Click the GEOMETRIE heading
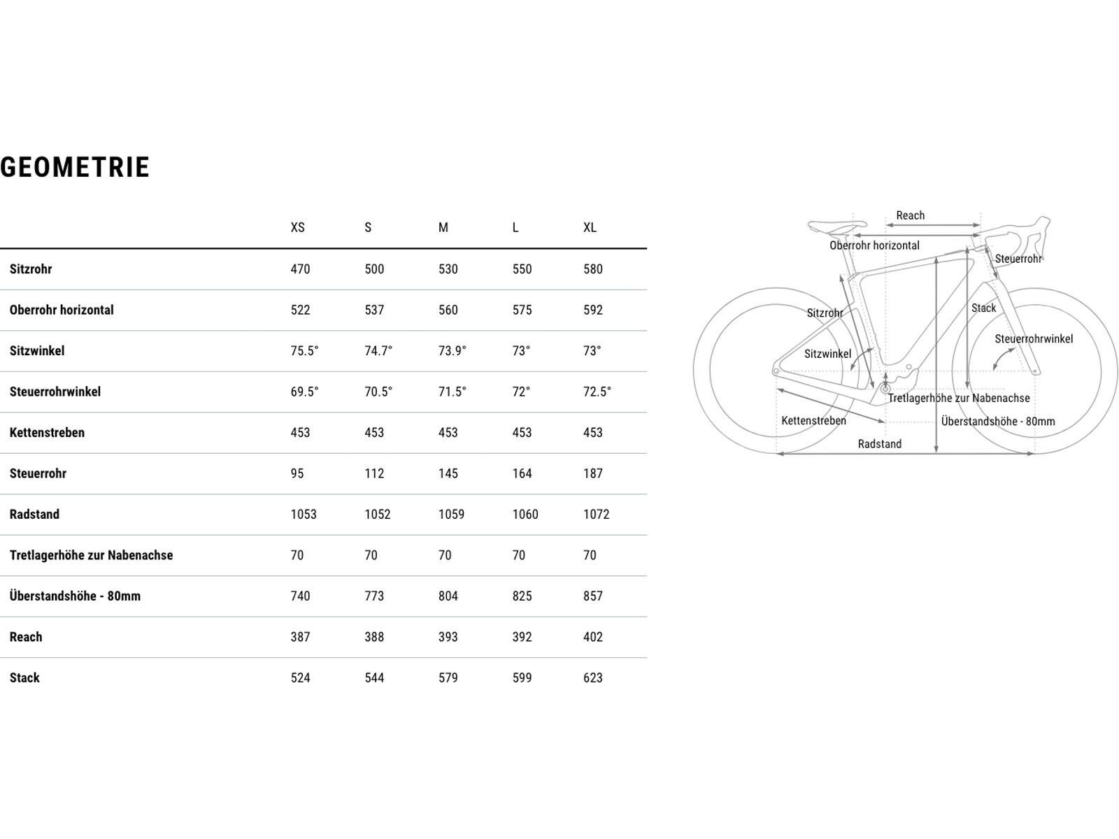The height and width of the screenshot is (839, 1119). pyautogui.click(x=75, y=168)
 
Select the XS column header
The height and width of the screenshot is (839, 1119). pyautogui.click(x=298, y=228)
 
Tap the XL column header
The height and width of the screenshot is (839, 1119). pyautogui.click(x=590, y=228)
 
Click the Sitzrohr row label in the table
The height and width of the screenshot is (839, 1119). pyautogui.click(x=31, y=269)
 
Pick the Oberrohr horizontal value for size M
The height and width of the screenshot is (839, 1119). pyautogui.click(x=448, y=310)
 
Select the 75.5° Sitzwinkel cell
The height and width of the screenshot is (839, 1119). pyautogui.click(x=304, y=351)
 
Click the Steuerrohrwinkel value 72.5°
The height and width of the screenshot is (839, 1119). pyautogui.click(x=597, y=392)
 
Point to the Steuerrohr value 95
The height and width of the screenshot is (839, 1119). pyautogui.click(x=297, y=473)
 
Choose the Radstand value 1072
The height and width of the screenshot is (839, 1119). pyautogui.click(x=596, y=515)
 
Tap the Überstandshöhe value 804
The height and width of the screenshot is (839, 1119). pyautogui.click(x=448, y=596)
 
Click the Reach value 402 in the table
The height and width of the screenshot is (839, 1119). pyautogui.click(x=592, y=637)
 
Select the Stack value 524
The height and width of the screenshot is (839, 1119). pyautogui.click(x=300, y=678)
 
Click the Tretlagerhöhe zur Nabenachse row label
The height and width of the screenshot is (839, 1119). pyautogui.click(x=91, y=555)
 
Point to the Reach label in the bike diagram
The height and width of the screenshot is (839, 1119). pyautogui.click(x=910, y=215)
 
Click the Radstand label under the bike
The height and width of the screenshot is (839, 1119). pyautogui.click(x=879, y=444)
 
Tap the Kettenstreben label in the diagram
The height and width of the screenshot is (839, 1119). pyautogui.click(x=813, y=421)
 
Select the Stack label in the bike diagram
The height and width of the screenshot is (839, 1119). pyautogui.click(x=983, y=308)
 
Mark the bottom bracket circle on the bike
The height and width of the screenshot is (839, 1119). pyautogui.click(x=886, y=386)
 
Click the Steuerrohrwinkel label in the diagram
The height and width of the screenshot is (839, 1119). pyautogui.click(x=1033, y=339)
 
